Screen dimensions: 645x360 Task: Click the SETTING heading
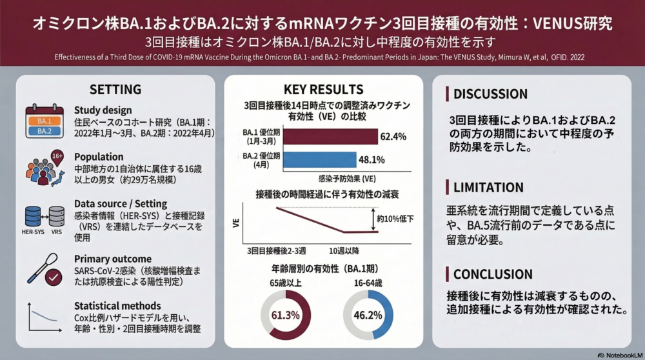tap(115, 89)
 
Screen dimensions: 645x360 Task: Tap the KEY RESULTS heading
tap(323, 89)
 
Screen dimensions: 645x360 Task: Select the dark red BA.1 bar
tap(330, 137)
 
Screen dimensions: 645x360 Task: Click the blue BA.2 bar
tap(320, 159)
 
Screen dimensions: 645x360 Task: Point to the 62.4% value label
tap(393, 137)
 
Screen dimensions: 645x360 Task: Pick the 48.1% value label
tap(372, 159)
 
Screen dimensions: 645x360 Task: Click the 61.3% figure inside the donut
tap(285, 315)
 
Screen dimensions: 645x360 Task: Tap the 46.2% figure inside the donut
tap(368, 315)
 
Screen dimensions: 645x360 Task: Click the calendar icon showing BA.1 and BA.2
tap(45, 121)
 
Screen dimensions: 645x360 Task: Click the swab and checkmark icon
tap(45, 270)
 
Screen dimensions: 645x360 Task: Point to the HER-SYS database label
tap(33, 232)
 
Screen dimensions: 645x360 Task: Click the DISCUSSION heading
tap(490, 94)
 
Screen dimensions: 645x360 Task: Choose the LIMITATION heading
tap(488, 188)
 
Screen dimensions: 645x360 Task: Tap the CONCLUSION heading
tap(493, 274)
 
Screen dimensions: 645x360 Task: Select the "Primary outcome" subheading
tap(113, 259)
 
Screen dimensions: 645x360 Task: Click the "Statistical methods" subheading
tap(117, 306)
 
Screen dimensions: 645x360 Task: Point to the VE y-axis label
tap(235, 223)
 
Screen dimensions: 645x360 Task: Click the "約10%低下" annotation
tap(395, 219)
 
